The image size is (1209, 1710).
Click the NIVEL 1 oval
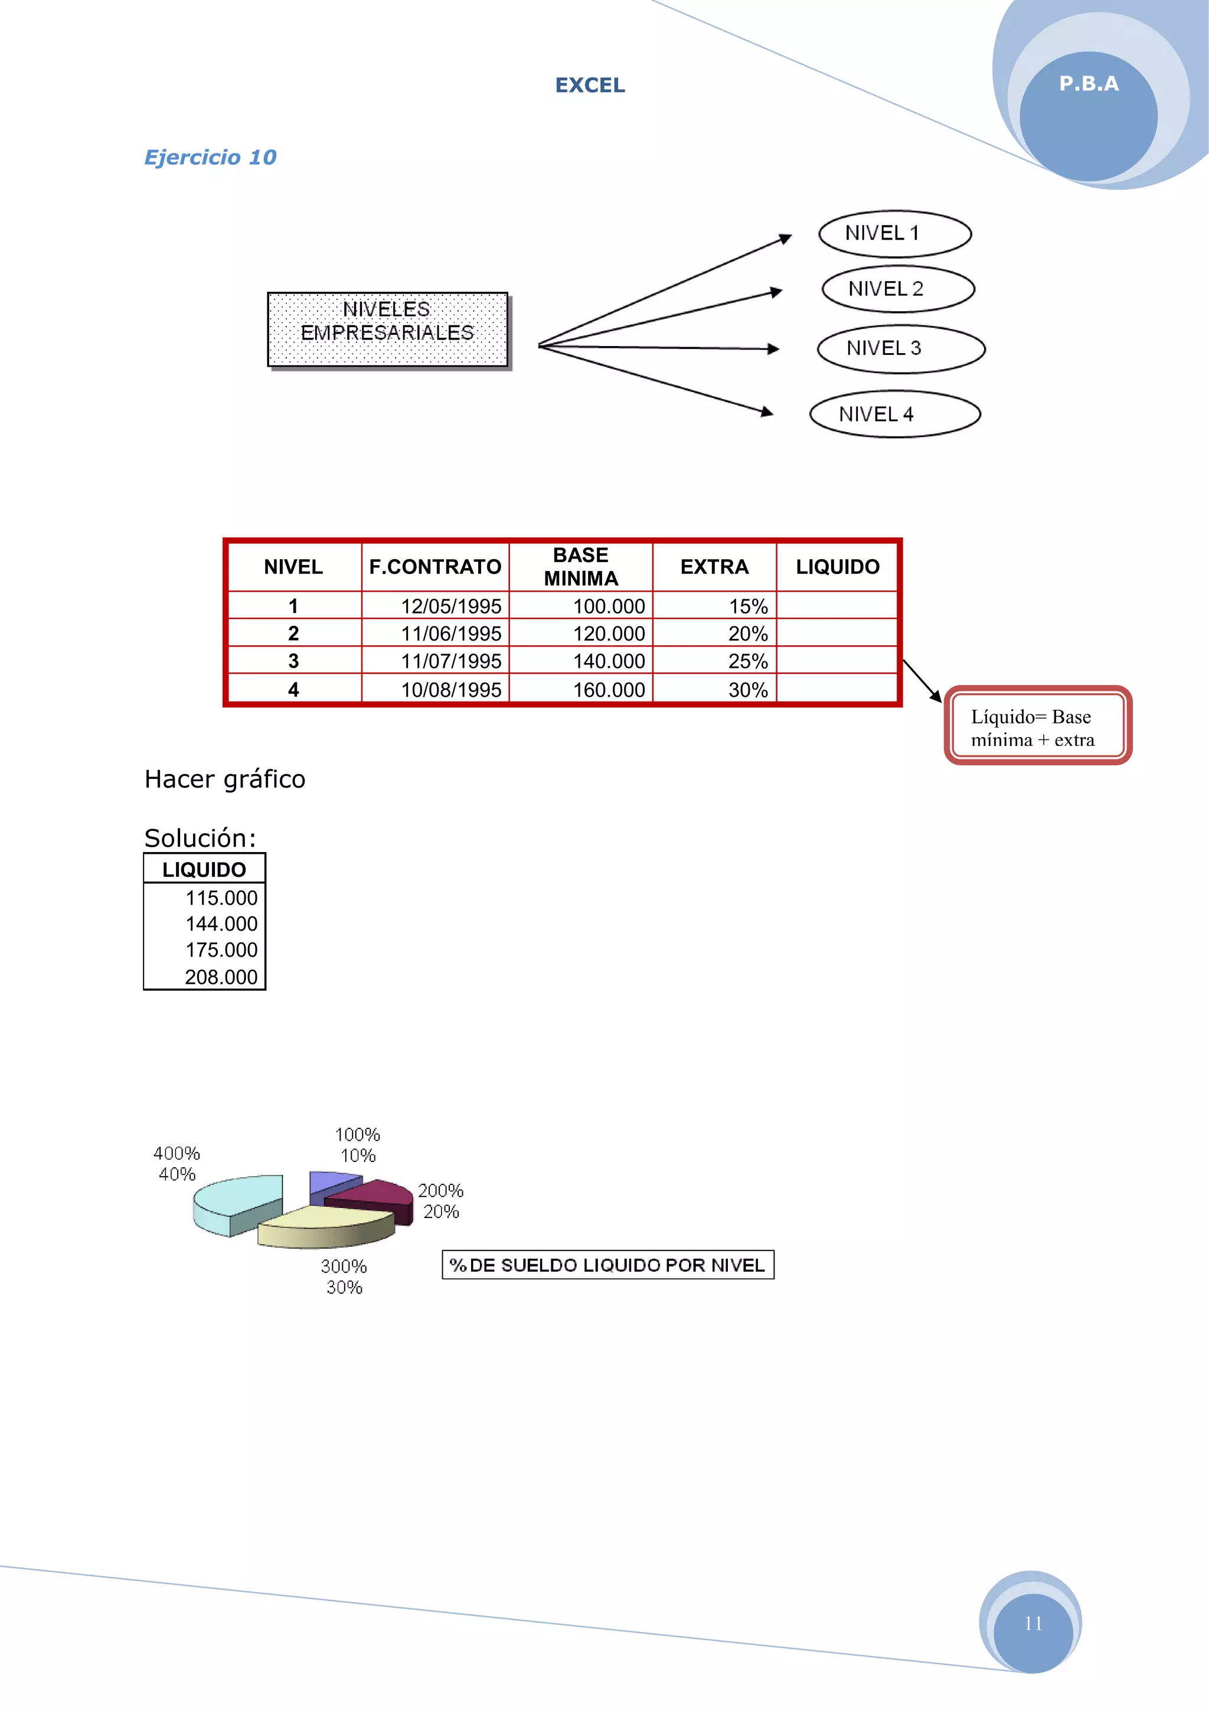coord(895,234)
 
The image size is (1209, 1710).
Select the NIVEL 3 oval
coord(901,348)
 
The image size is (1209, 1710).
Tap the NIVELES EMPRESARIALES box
coord(388,329)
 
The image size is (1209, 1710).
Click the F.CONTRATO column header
coord(436,567)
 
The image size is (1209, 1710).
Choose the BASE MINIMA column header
coord(581,567)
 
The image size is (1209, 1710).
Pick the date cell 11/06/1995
coord(451,634)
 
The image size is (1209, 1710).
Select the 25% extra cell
coord(747,661)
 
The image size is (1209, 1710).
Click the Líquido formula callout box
coord(1038,727)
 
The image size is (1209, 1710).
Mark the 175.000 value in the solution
coord(221,950)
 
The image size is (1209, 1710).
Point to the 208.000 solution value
coord(221,977)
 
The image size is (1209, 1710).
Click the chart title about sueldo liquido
coord(607,1265)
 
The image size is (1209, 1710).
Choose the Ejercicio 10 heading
coord(210,157)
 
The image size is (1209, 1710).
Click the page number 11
coord(1032,1624)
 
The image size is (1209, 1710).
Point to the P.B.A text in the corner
coord(1089,84)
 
